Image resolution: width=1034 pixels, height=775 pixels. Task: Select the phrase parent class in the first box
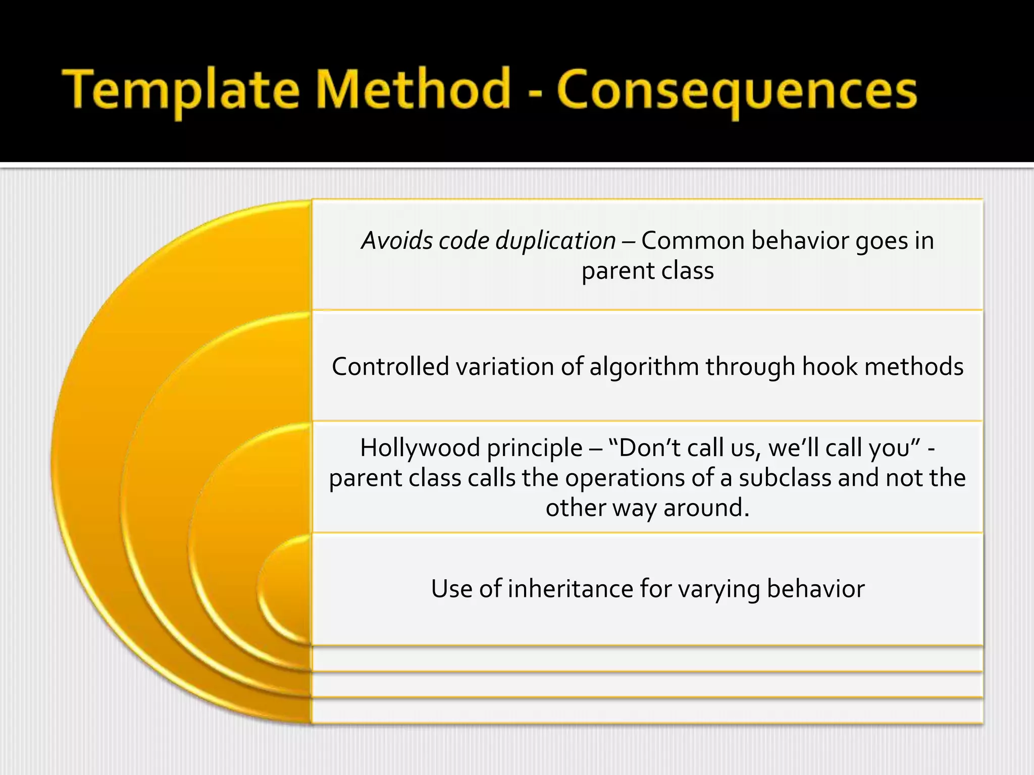[x=647, y=270]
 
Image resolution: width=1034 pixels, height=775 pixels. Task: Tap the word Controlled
[x=390, y=366]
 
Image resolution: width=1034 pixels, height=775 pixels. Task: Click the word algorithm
[x=644, y=367]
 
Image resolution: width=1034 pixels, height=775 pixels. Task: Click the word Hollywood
[x=420, y=448]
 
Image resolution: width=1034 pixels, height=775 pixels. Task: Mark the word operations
[x=625, y=478]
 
